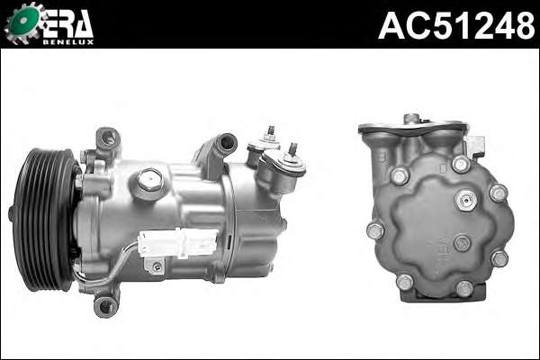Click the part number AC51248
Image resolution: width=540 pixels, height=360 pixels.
pyautogui.click(x=456, y=25)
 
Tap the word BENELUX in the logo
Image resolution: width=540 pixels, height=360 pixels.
pyautogui.click(x=67, y=42)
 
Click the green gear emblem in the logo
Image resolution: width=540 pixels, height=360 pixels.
pyautogui.click(x=23, y=22)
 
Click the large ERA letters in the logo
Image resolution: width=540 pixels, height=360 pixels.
pyautogui.click(x=67, y=23)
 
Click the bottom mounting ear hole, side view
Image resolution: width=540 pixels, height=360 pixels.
pyautogui.click(x=105, y=306)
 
